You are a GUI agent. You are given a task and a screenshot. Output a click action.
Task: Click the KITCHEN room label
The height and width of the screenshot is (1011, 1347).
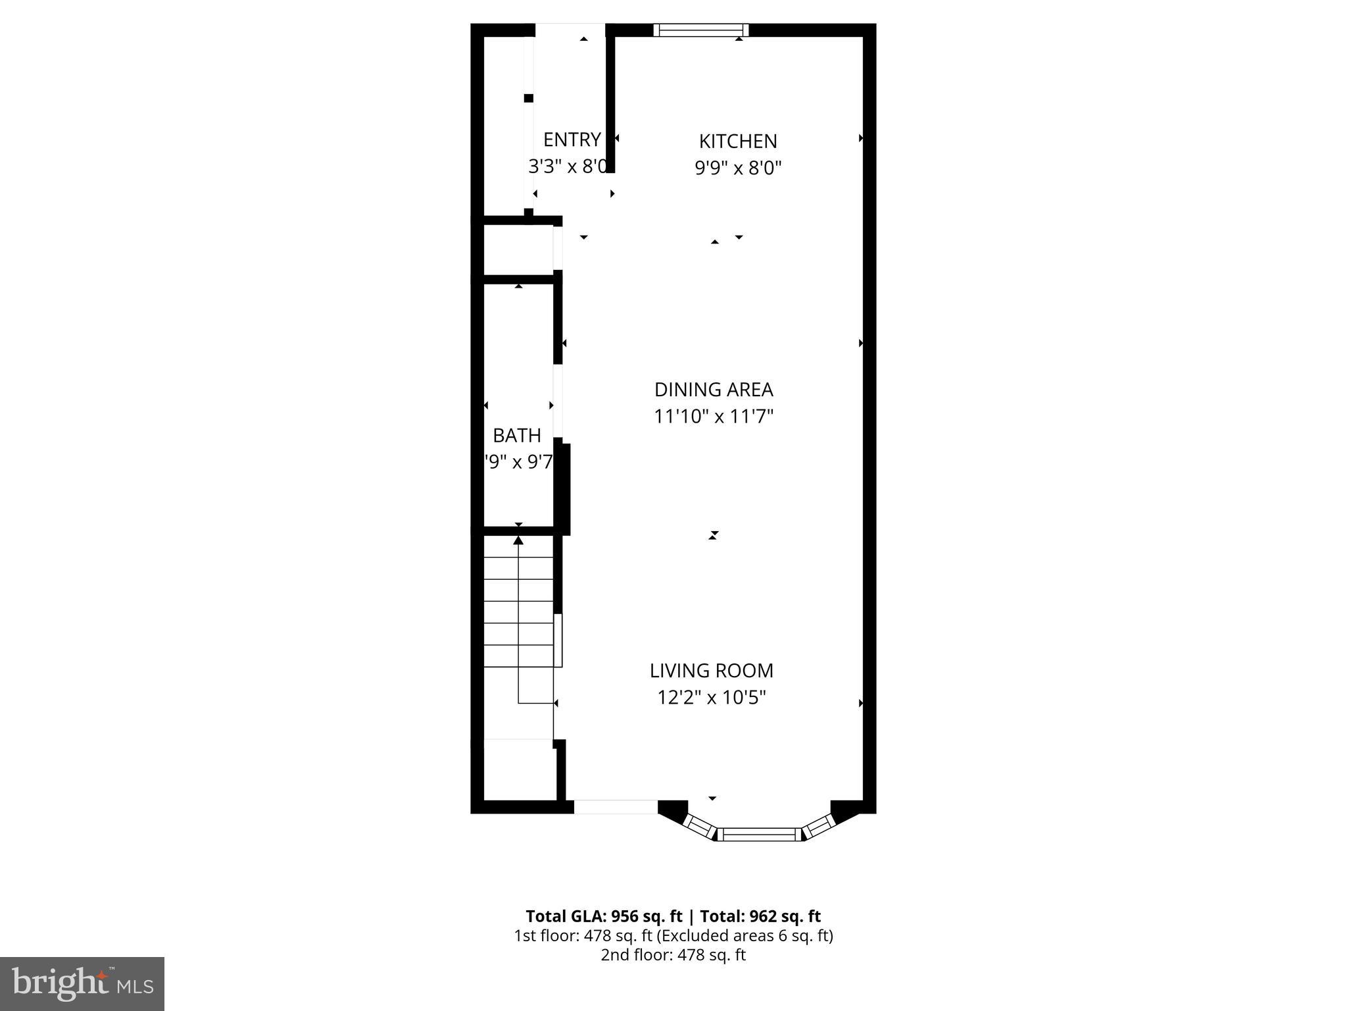coord(737,141)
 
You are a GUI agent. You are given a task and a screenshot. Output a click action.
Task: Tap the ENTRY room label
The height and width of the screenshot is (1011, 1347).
coord(572,140)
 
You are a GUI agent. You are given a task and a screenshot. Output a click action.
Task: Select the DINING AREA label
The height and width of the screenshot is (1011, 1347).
coord(714,390)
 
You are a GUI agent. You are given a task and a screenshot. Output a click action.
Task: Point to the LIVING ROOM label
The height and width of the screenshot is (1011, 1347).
coord(712,671)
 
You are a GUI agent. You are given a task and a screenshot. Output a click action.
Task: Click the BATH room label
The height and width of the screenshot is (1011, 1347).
coord(517,435)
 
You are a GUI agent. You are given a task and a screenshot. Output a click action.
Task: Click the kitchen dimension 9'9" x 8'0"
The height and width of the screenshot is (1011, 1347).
coord(738,168)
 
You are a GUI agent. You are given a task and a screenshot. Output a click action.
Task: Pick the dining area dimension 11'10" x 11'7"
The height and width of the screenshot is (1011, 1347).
coord(714,417)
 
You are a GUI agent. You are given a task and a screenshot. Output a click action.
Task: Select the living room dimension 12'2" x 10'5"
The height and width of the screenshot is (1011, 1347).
coord(712,698)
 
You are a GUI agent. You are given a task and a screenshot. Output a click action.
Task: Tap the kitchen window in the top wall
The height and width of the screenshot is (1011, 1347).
coord(700,30)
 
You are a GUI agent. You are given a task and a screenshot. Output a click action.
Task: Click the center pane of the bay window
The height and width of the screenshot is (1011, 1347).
coord(759,835)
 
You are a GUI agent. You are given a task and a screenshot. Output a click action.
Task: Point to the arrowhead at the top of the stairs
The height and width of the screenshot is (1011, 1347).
coord(518,540)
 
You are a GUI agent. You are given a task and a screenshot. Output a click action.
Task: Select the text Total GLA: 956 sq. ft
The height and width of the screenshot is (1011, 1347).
coord(604,916)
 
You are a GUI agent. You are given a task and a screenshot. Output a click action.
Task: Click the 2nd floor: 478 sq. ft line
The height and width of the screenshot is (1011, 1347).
coord(673,955)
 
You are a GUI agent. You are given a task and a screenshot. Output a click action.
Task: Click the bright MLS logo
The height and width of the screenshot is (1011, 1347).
coord(82,983)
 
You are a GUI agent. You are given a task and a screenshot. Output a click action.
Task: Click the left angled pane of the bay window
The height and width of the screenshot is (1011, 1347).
coord(699,826)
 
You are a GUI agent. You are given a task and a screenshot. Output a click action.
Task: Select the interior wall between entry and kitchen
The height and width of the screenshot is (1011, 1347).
coord(610,99)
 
